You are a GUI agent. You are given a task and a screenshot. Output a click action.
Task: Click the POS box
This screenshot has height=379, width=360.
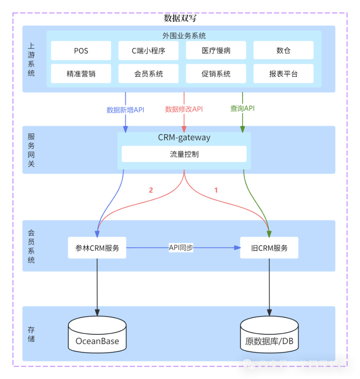(x=81, y=51)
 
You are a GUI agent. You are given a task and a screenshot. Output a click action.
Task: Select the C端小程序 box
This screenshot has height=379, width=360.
(x=148, y=51)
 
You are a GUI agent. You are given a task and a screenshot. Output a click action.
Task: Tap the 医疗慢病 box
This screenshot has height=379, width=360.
(x=216, y=51)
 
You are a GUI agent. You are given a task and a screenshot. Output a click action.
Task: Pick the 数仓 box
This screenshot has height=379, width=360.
(x=283, y=51)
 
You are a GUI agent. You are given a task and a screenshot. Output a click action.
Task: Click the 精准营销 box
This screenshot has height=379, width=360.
(x=81, y=74)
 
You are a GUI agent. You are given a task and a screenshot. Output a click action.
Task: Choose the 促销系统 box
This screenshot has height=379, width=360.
(x=216, y=74)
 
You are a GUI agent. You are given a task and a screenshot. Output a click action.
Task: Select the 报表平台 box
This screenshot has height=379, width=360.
(x=283, y=74)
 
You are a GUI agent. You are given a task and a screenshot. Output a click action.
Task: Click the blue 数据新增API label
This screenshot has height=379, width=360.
(x=125, y=110)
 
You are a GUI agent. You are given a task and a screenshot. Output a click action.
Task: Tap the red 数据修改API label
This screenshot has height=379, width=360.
(x=184, y=109)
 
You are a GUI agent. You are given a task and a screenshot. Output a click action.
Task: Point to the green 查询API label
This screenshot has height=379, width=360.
(x=242, y=108)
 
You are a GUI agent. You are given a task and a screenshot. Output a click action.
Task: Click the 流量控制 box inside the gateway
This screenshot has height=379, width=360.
(x=184, y=154)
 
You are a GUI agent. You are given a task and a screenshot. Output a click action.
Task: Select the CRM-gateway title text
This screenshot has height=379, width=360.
(x=184, y=137)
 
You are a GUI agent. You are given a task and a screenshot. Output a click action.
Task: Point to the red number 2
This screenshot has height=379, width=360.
(x=151, y=190)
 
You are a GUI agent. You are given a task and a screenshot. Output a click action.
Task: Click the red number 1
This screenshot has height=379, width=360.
(x=216, y=190)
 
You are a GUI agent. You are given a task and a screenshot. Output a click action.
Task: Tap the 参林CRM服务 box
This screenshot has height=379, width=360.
(x=97, y=248)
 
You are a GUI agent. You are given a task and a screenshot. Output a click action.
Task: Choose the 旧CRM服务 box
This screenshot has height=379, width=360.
(x=269, y=248)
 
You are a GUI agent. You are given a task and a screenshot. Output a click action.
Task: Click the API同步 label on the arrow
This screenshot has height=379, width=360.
(x=181, y=248)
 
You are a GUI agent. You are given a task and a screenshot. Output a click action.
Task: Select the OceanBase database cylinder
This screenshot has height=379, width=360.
(x=97, y=334)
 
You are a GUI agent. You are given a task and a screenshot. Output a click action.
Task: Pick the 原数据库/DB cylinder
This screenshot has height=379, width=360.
(x=269, y=334)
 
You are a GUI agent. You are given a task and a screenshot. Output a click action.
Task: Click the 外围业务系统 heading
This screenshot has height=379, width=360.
(x=184, y=36)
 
